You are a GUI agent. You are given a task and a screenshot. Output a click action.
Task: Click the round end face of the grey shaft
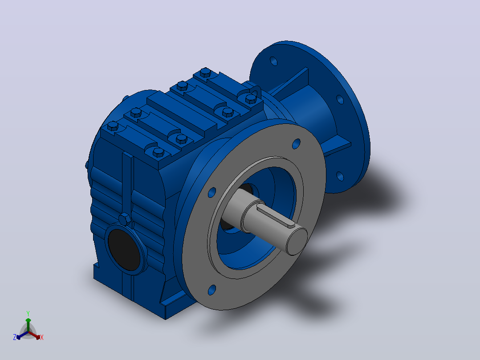[297, 241]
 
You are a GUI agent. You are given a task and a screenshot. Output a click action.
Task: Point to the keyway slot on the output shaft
[276, 216]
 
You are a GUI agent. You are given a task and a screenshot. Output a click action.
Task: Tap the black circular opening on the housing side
[124, 250]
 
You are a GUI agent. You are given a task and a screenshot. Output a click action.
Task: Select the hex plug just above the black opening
[125, 219]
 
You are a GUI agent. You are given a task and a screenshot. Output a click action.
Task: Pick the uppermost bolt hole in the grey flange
[296, 144]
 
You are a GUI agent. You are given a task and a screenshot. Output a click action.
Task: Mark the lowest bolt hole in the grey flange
[212, 290]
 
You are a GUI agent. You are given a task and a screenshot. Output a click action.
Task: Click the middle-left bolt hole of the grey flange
[212, 192]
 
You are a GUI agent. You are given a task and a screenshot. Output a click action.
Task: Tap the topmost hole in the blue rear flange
[273, 61]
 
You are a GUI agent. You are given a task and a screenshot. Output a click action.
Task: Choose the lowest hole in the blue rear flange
[340, 176]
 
